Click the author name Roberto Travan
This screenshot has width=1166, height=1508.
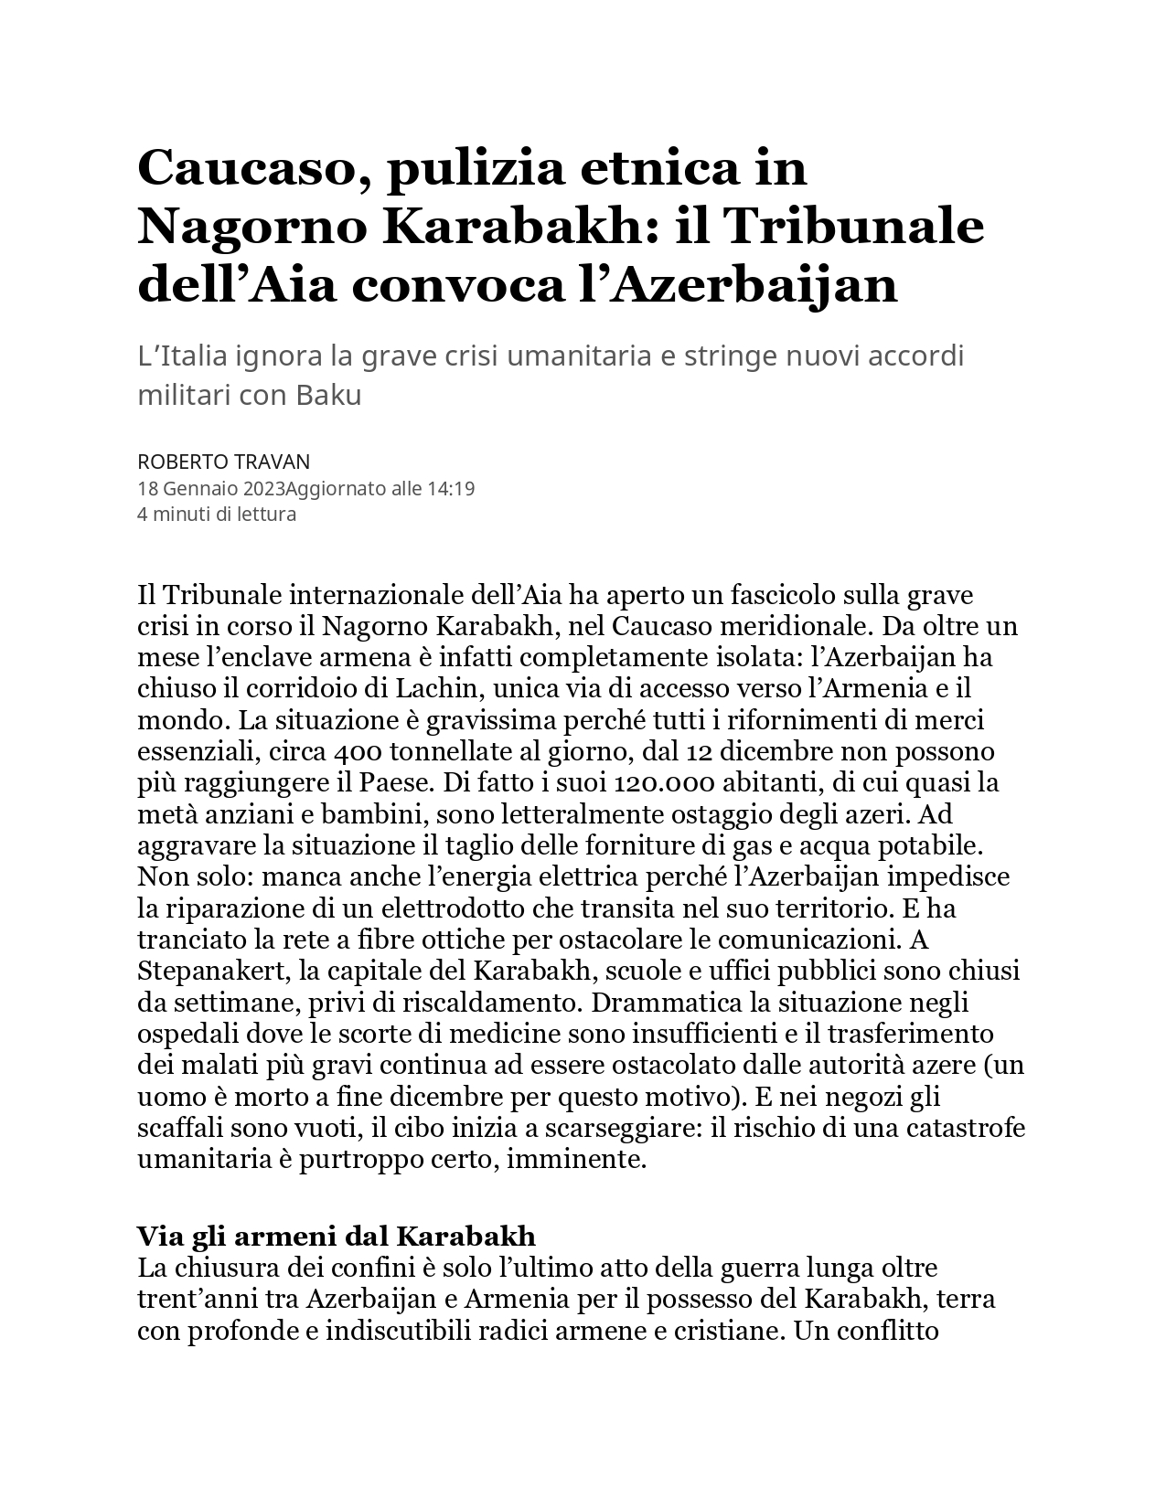pos(223,462)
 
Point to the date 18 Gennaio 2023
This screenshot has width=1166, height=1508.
pos(210,489)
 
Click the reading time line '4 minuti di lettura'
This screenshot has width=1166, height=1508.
pos(217,515)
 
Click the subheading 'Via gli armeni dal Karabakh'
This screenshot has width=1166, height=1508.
pos(337,1237)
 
